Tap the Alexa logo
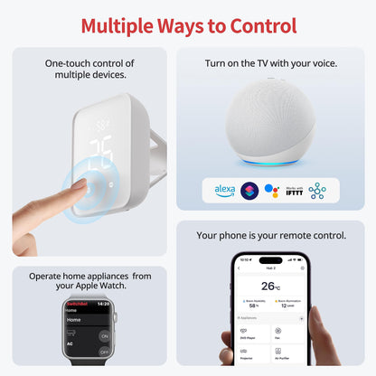click(x=224, y=191)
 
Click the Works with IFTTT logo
click(x=295, y=191)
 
